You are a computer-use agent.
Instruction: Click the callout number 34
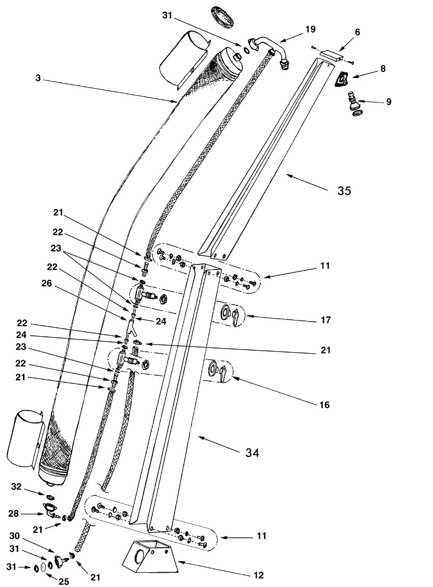(x=252, y=452)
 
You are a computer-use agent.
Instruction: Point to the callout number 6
(x=358, y=32)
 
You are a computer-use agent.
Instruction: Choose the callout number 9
(x=389, y=101)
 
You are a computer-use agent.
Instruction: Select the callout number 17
(x=326, y=320)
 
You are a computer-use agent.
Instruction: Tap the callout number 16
(x=325, y=405)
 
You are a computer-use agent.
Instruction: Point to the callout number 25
(x=64, y=581)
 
